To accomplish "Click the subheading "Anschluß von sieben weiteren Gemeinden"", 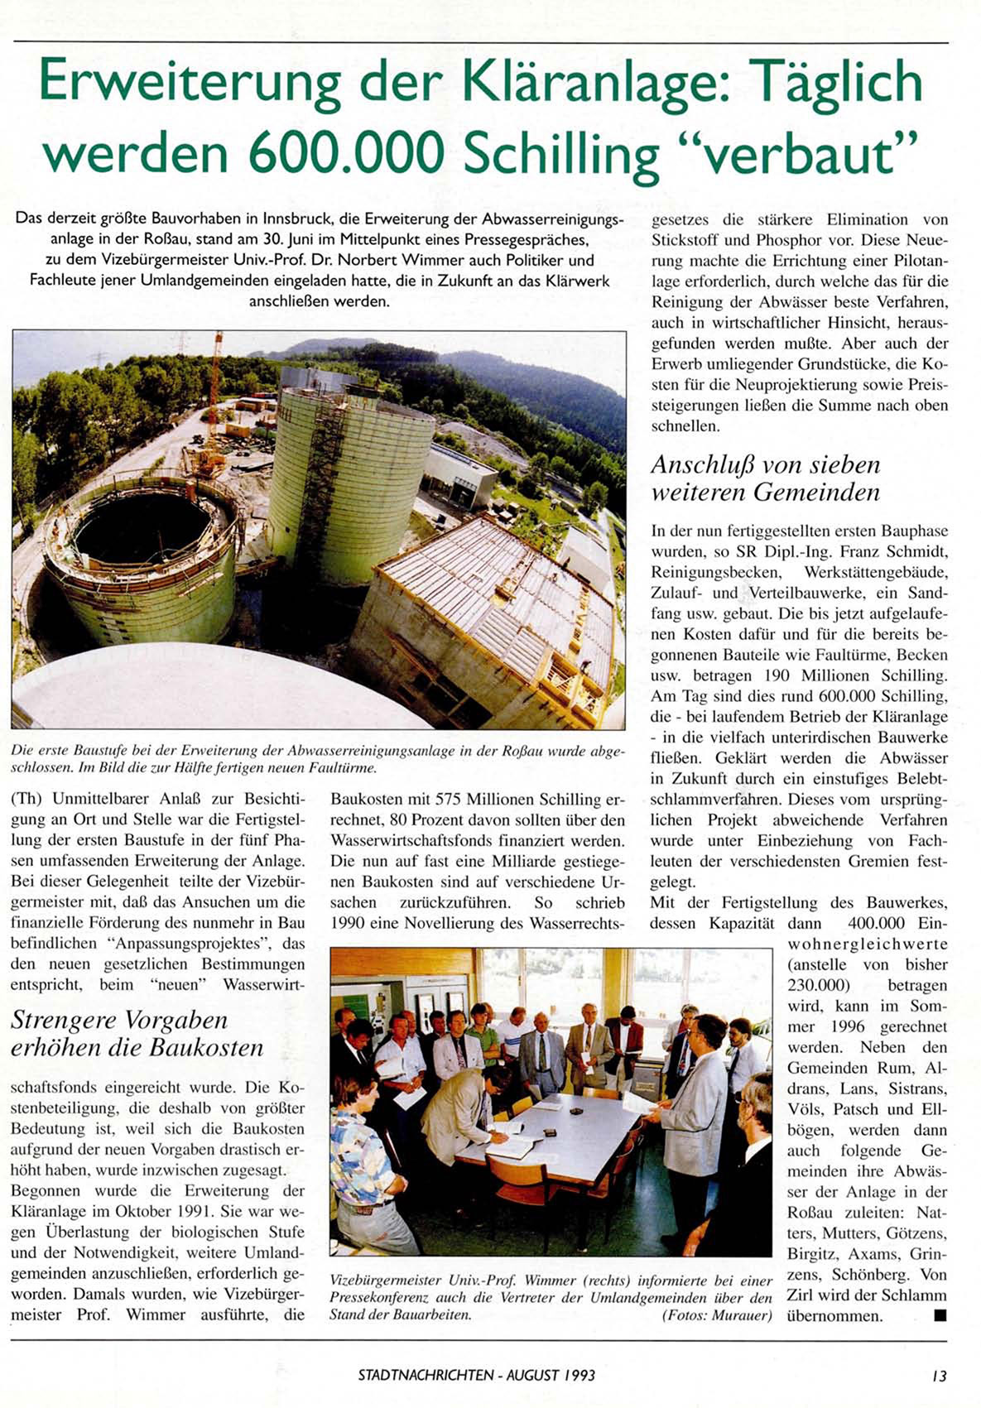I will [x=765, y=478].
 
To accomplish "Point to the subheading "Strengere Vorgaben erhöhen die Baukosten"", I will [x=137, y=1033].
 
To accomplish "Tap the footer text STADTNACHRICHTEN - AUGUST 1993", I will [x=477, y=1376].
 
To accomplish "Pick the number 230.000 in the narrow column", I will [x=819, y=985].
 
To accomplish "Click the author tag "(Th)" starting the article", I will [x=27, y=800].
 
